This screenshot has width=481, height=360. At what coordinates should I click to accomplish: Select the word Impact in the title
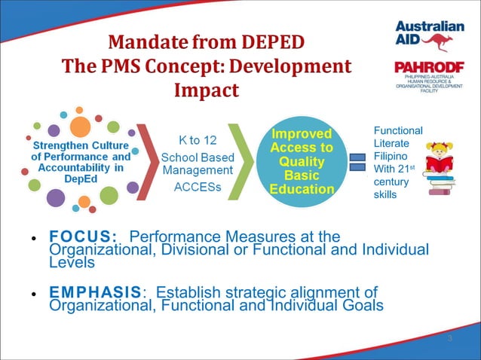pos(206,90)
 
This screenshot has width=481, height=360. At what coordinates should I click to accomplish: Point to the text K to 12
pos(198,141)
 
